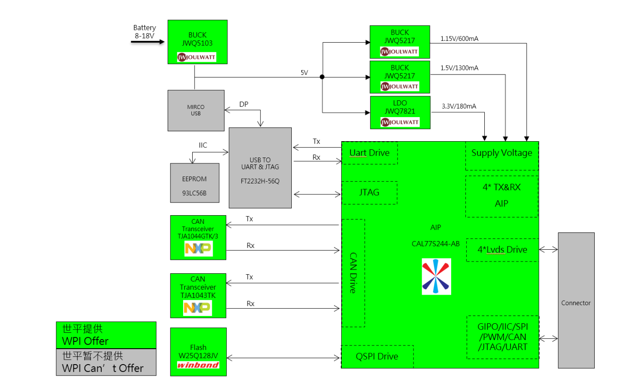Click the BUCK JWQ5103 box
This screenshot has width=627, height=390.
pos(197,41)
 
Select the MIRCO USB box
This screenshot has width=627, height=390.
pos(196,110)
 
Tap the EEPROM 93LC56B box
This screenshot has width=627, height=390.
pos(194,182)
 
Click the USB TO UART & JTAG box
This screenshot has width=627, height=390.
pos(260,168)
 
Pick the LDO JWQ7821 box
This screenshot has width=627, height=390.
pos(400,112)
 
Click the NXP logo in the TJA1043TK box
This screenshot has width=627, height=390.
pos(198,308)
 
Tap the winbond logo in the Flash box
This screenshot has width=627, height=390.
pos(198,365)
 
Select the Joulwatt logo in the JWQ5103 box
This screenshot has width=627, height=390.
pos(197,57)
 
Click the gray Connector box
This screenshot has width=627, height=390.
pos(576,300)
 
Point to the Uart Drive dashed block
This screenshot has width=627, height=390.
pos(369,153)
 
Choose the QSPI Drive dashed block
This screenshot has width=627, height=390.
pos(377,356)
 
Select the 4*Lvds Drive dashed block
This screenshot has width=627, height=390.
pos(502,250)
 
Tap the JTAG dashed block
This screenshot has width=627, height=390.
pos(369,193)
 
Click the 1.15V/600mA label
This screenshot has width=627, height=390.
pos(459,39)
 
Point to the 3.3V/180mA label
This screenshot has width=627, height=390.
pos(459,106)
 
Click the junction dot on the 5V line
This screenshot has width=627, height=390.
pos(322,77)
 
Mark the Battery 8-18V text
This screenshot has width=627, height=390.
pos(144,31)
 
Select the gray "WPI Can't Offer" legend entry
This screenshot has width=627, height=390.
pos(106,362)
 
